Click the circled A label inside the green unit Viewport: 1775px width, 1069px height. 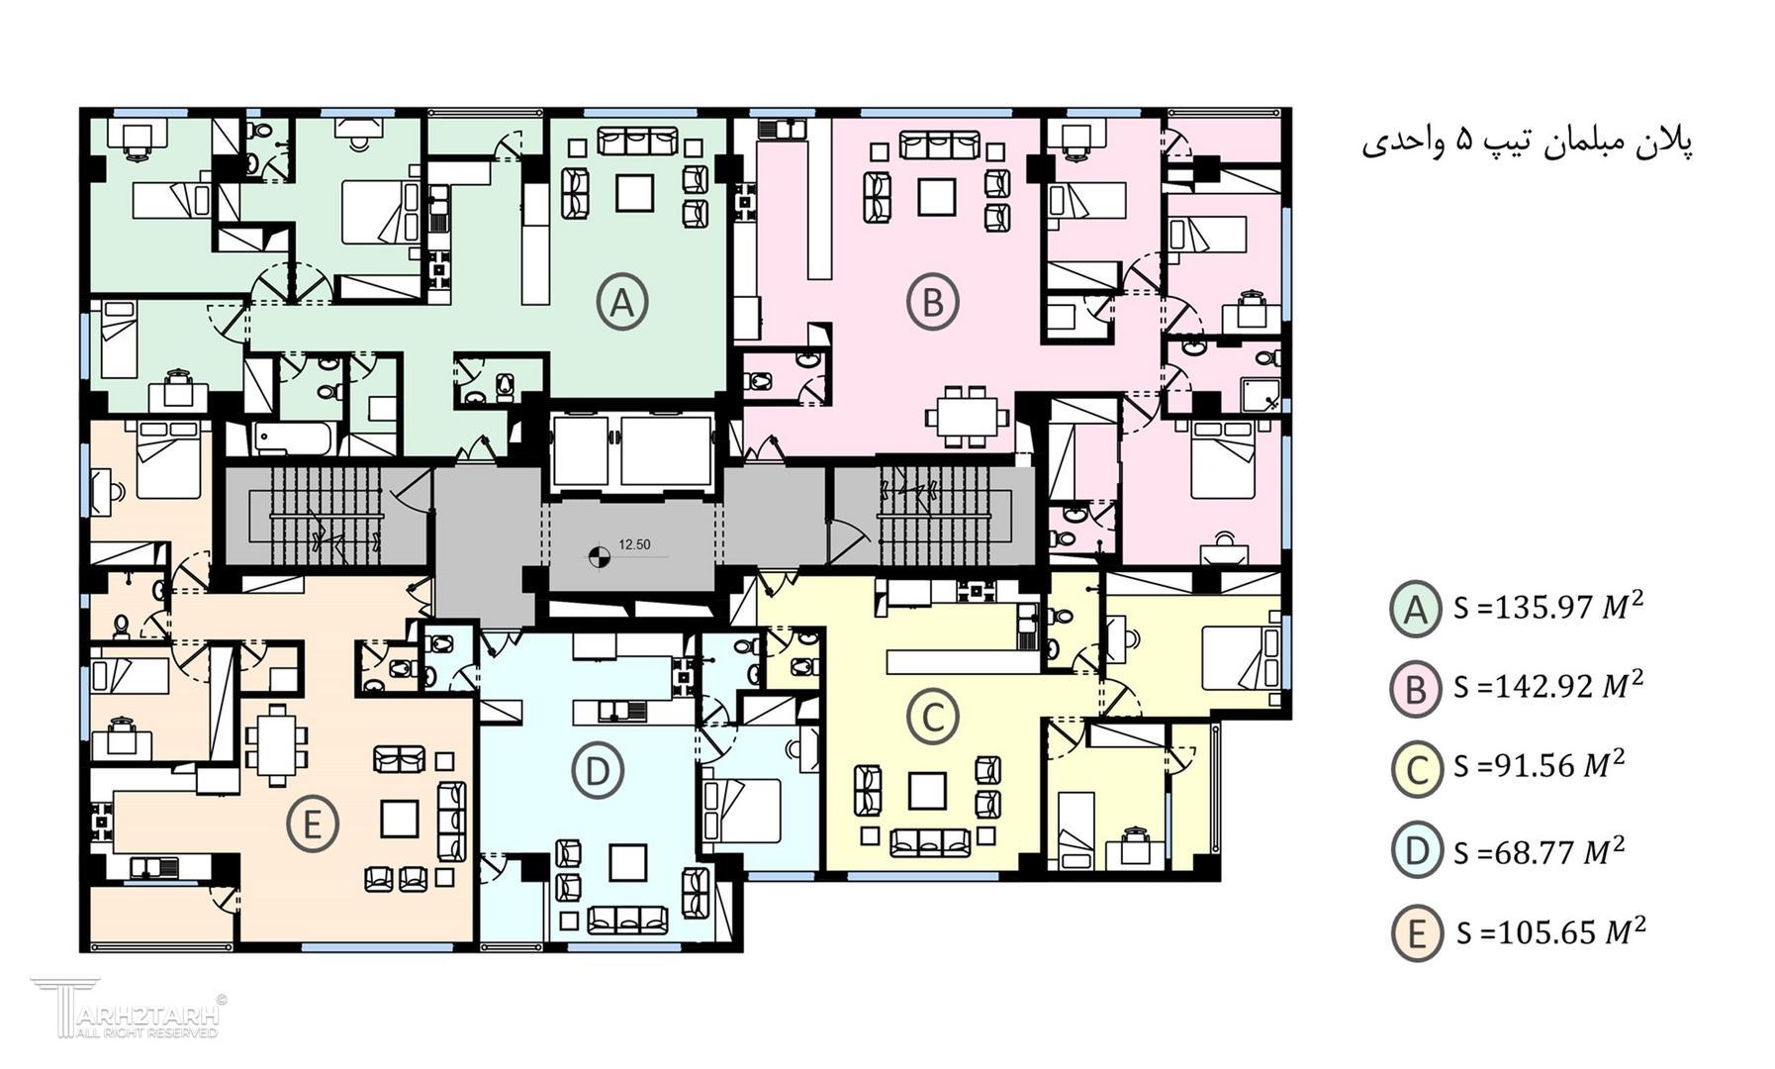click(622, 302)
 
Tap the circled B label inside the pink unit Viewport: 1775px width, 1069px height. click(933, 302)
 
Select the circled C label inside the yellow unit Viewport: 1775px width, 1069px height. click(933, 717)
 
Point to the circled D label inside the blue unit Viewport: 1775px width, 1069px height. click(598, 770)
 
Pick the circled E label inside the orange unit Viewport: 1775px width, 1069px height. click(313, 824)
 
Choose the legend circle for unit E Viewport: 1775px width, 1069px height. click(1417, 933)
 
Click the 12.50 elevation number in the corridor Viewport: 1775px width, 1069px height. click(634, 544)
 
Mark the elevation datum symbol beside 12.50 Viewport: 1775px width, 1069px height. click(598, 556)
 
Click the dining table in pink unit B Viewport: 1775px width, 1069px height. click(969, 417)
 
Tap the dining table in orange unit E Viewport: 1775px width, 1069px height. click(276, 743)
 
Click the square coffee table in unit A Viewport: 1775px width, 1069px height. click(634, 193)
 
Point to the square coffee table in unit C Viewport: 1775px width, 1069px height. click(927, 791)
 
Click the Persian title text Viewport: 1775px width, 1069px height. click(1527, 143)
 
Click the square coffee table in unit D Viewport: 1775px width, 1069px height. click(627, 863)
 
